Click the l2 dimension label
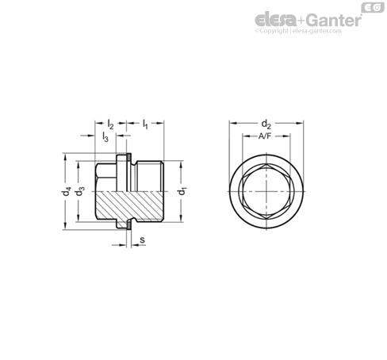(x=110, y=124)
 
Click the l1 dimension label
(x=145, y=124)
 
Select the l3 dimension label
(x=105, y=137)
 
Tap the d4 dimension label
(x=67, y=191)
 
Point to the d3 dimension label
(x=79, y=191)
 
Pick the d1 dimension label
(x=182, y=191)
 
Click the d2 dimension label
(x=266, y=124)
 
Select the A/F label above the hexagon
(x=265, y=136)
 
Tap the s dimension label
(x=142, y=240)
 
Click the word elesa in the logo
(x=275, y=20)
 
